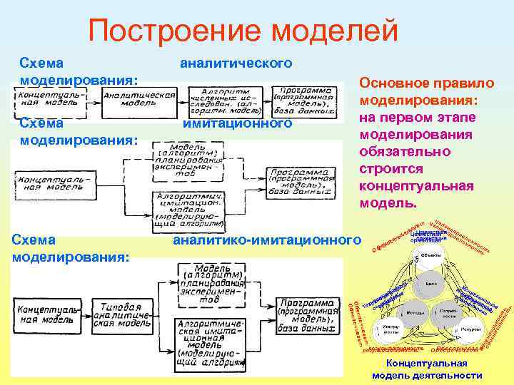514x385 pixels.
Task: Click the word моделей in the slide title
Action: point(329,31)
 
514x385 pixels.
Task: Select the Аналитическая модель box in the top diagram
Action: point(139,98)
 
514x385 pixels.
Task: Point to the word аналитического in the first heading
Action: point(236,63)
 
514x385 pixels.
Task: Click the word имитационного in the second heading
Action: point(238,123)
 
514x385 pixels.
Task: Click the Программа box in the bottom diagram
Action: point(306,312)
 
